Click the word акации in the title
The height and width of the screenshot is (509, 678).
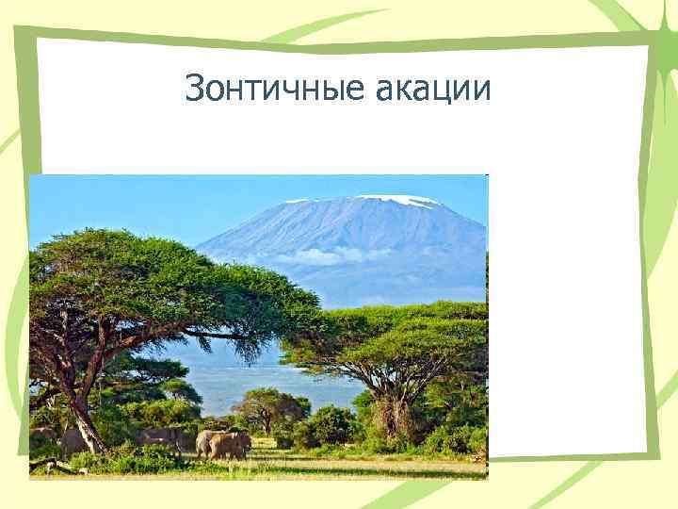click(x=433, y=90)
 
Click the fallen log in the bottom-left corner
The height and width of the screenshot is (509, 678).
click(x=52, y=467)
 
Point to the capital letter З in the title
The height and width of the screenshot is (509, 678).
click(x=195, y=90)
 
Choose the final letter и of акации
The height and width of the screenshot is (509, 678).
click(x=481, y=91)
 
